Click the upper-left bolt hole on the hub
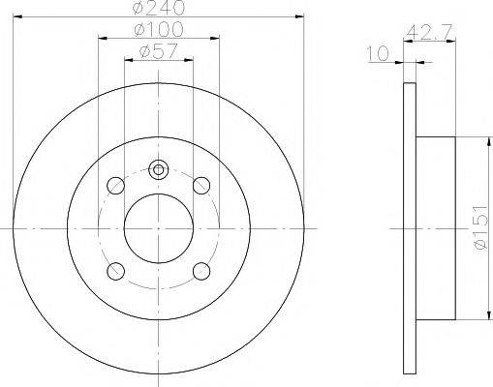[116, 184]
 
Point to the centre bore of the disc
[159, 227]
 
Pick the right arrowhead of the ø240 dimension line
[299, 17]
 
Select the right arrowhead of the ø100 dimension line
[217, 39]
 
